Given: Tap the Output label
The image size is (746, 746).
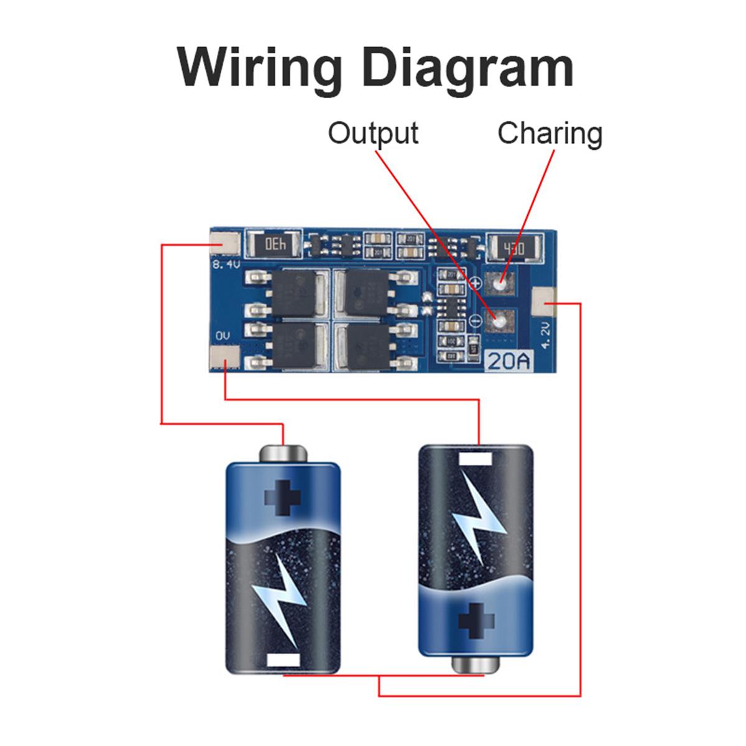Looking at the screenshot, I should pos(373,134).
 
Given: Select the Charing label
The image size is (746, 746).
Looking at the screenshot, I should pos(550,134).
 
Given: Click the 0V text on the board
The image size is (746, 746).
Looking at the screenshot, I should pos(223,336).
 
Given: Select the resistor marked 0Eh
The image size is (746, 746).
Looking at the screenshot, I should pos(274,244).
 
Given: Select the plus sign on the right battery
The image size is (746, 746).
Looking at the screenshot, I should pos(476,619).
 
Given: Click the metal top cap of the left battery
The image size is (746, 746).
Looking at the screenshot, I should pos(283,452).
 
